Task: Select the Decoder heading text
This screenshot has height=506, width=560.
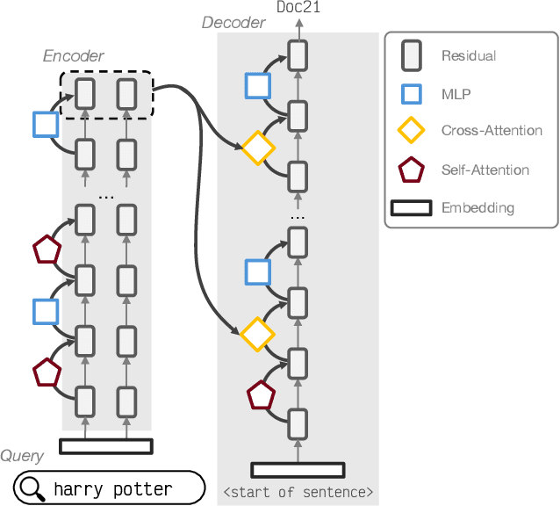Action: click(233, 23)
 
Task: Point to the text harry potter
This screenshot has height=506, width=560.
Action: click(112, 488)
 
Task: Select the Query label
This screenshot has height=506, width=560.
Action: click(22, 456)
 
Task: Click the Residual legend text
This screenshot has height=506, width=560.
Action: click(469, 55)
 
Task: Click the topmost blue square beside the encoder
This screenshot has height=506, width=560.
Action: click(45, 124)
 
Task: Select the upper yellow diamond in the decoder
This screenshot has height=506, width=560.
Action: click(258, 148)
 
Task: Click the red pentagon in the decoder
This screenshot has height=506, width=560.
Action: click(261, 396)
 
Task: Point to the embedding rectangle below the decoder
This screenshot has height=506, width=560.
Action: click(298, 470)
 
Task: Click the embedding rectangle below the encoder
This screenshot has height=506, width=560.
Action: click(105, 446)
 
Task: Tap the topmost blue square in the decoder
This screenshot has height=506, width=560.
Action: click(258, 85)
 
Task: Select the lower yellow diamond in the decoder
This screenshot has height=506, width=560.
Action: click(258, 335)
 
